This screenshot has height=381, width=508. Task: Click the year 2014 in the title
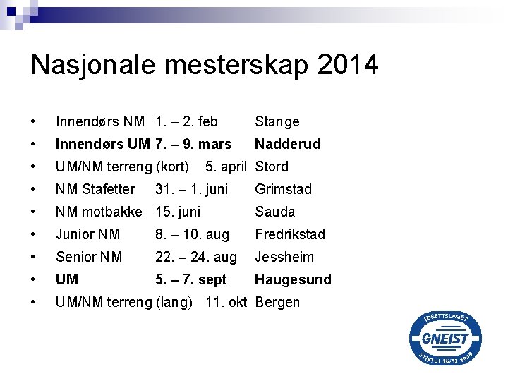coord(348,65)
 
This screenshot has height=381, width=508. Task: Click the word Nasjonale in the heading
coord(95,65)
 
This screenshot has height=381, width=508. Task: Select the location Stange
coord(277,122)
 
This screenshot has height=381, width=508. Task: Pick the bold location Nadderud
coord(287,144)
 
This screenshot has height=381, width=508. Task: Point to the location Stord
coord(272,167)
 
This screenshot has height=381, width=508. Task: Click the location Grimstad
coord(283,189)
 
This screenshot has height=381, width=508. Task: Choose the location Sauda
coord(274,212)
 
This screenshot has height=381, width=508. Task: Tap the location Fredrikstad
coord(289,234)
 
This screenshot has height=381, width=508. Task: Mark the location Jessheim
coord(284,257)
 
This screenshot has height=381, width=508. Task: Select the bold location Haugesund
coord(293,279)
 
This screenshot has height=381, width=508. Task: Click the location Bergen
coord(277,302)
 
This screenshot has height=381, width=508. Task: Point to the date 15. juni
coord(178,212)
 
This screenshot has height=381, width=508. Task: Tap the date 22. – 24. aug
coord(196,257)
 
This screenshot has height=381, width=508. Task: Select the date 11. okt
coord(226,302)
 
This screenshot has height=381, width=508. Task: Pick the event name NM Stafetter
coord(95,189)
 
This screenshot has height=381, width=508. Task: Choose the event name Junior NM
coord(88,234)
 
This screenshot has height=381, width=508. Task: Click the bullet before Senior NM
coord(33,257)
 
